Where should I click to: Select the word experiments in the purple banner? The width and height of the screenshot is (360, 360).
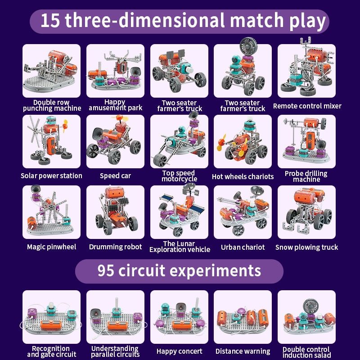214,271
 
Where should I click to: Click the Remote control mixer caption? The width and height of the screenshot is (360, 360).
307,106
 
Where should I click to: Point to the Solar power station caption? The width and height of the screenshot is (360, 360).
51,175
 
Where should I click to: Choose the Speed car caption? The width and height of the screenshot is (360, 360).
115,175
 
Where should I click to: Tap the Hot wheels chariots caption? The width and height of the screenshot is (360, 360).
243,176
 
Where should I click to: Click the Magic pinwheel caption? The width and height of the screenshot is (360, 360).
51,247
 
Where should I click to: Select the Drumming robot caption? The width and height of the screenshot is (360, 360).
115,247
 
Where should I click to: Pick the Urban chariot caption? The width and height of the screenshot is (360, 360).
243,247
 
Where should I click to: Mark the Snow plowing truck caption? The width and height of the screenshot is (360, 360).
307,247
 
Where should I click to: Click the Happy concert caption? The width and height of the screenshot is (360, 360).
179,351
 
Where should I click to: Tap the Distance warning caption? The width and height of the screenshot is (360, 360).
243,351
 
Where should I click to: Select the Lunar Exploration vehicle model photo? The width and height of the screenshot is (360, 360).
179,212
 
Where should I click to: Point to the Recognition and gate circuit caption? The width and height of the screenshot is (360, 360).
51,351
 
